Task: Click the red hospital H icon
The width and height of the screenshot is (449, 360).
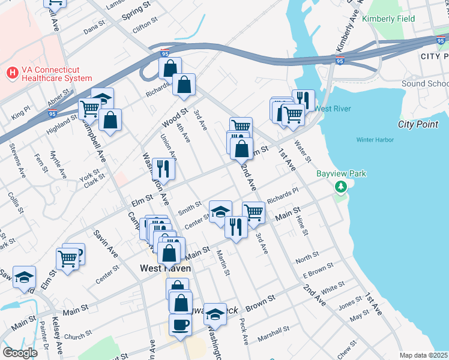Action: coord(12,73)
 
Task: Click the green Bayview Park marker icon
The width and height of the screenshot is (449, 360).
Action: coord(342,188)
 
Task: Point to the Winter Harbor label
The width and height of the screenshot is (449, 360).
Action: coord(375,140)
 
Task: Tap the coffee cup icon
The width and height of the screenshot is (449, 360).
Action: coord(181,326)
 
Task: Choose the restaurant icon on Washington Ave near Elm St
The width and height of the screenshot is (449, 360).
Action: coord(163,168)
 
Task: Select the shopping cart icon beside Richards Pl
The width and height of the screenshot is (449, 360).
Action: coord(253,212)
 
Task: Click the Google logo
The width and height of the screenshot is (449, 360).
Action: coord(20,353)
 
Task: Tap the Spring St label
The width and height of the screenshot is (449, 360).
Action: coord(136,10)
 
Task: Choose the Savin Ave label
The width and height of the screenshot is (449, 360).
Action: coord(106,243)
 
